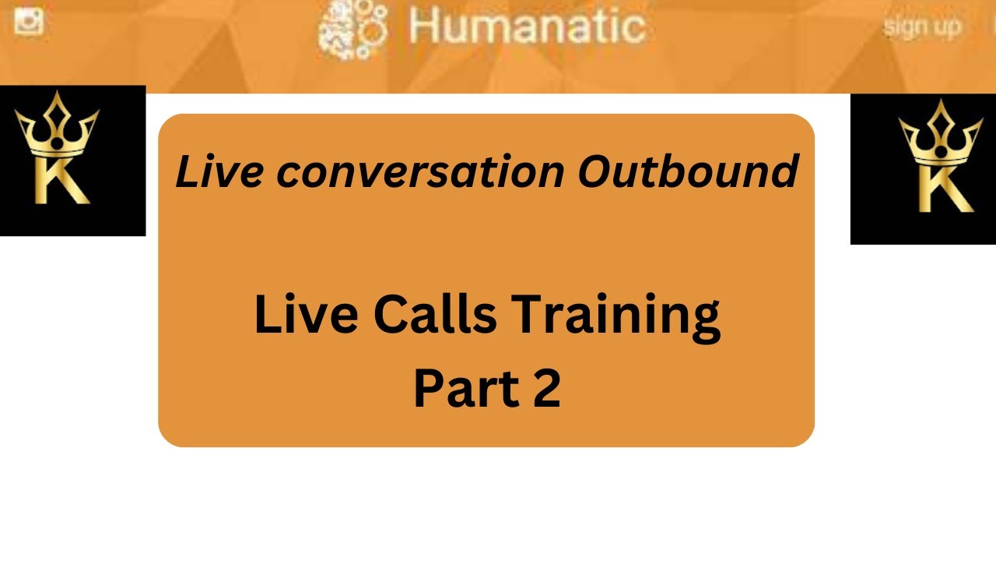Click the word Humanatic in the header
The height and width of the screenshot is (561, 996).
[x=527, y=26]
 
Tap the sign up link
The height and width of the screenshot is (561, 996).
[x=922, y=27]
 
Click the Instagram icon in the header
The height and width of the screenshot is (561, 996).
[x=29, y=20]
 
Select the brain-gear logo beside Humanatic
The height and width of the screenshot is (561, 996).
[x=353, y=30]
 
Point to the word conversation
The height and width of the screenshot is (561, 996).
[x=420, y=172]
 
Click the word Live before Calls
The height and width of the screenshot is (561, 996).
[x=307, y=316]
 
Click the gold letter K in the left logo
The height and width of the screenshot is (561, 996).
[x=62, y=178]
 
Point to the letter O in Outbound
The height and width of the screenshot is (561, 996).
[x=594, y=171]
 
